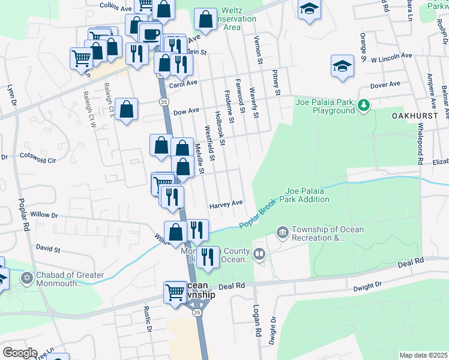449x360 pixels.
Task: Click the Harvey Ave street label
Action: pyautogui.click(x=226, y=204)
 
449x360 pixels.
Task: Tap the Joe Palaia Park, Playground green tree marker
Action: pyautogui.click(x=363, y=106)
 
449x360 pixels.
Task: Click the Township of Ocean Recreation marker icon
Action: pyautogui.click(x=282, y=232)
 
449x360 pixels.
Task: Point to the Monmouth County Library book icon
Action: pyautogui.click(x=259, y=254)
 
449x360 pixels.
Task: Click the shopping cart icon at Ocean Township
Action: pyautogui.click(x=175, y=293)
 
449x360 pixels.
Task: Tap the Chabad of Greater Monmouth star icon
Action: pyautogui.click(x=25, y=279)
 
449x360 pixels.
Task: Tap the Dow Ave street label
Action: pyautogui.click(x=185, y=111)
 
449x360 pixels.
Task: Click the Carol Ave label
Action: pyautogui.click(x=183, y=85)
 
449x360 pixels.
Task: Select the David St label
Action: pyautogui.click(x=48, y=247)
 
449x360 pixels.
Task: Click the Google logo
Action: pyautogui.click(x=20, y=353)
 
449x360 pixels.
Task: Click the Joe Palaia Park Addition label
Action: pyautogui.click(x=307, y=194)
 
